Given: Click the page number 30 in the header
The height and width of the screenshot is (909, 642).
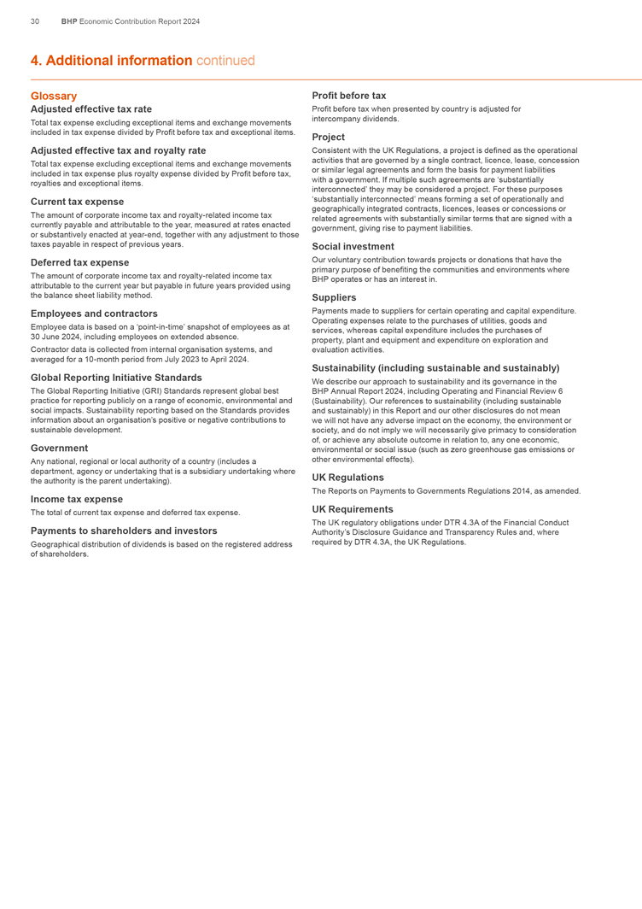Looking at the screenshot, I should pos(34,21).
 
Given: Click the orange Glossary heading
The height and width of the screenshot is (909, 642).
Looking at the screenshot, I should pos(54,97).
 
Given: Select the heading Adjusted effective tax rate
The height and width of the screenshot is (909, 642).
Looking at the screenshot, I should pos(91,109).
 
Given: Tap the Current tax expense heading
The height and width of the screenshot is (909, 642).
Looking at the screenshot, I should pos(77,202).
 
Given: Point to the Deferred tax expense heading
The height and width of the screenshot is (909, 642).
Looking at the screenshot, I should pos(79,262).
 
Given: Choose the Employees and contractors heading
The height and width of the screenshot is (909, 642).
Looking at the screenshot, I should pos(94,314).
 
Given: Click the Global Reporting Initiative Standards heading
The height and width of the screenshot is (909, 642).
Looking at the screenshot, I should pos(116,377).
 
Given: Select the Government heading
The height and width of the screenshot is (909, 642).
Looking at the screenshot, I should pos(59,448).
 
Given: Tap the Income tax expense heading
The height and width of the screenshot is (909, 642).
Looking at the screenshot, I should pos(77,499).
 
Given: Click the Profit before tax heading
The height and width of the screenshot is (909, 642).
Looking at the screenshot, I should pos(349,96).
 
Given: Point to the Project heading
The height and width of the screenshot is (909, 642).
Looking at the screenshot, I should pos(329,137).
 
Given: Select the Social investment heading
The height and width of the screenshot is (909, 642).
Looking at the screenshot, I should pos(353,246).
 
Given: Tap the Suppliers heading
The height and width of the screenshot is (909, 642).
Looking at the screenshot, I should pos(335,297).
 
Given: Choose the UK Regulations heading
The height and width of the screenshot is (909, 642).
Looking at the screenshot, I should pos(348,478).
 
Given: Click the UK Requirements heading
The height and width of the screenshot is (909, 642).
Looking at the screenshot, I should pos(353,508).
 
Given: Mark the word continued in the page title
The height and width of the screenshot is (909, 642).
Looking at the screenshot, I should pos(225,61).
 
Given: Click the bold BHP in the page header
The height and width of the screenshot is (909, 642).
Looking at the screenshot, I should pos(69,21).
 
